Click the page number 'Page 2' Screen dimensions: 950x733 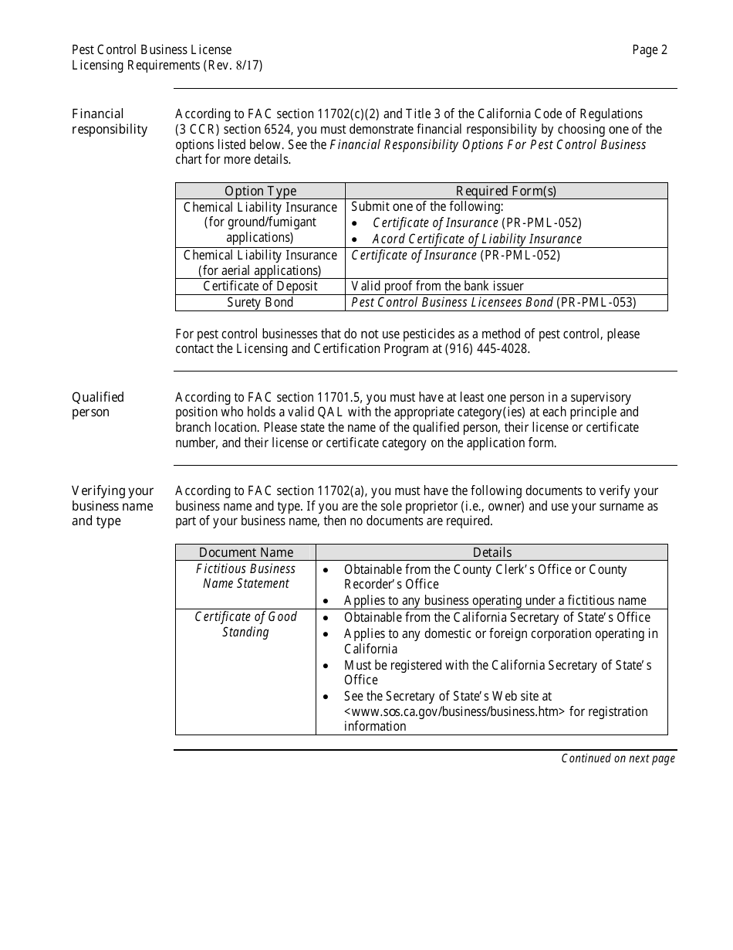click(x=650, y=50)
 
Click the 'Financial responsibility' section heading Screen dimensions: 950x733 click(x=110, y=121)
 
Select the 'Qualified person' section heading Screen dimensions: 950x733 click(x=98, y=405)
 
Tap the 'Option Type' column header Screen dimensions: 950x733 click(x=260, y=191)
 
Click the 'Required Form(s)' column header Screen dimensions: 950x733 click(x=505, y=191)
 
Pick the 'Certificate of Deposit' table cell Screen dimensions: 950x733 click(x=260, y=287)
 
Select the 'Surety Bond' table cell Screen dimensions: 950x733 click(x=260, y=303)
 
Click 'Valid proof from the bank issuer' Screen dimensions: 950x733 click(x=437, y=287)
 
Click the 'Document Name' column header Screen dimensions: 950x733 click(x=245, y=552)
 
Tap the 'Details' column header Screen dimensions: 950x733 click(x=491, y=552)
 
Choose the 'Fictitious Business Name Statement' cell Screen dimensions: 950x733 click(x=245, y=576)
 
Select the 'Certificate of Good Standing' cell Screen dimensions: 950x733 click(x=245, y=624)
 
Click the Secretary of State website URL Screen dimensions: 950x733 click(x=455, y=711)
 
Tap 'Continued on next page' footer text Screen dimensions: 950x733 click(x=618, y=758)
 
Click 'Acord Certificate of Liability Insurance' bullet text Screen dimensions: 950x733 click(x=477, y=239)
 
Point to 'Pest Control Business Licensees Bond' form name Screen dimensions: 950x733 click(x=452, y=303)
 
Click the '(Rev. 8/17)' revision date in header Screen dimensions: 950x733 click(x=233, y=66)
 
